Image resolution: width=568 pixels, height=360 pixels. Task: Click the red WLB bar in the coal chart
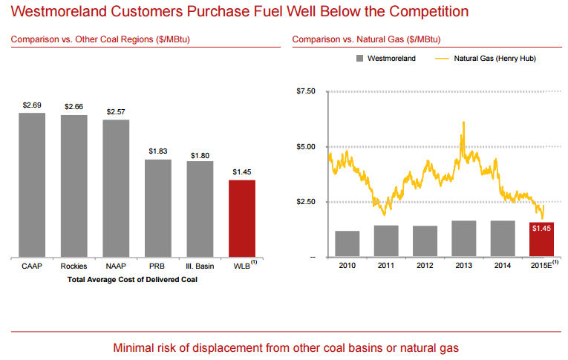tap(242, 217)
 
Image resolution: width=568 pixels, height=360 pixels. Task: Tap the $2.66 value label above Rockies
tap(74, 107)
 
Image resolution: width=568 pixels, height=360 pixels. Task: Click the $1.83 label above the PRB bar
tap(157, 151)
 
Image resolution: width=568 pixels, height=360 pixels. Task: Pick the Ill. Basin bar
tap(200, 209)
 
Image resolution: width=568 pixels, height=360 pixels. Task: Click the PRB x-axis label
tap(157, 266)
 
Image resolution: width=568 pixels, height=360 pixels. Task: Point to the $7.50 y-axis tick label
tap(305, 91)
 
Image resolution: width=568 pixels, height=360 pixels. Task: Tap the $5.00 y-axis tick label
tap(305, 147)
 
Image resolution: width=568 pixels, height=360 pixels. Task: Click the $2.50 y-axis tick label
tap(305, 202)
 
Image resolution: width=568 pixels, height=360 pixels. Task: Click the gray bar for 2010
tap(347, 243)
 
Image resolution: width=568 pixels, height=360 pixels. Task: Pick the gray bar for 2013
tap(463, 238)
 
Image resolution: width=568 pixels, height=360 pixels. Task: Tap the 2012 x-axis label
tap(425, 264)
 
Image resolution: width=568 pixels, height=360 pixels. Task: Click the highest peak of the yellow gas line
tap(463, 122)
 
